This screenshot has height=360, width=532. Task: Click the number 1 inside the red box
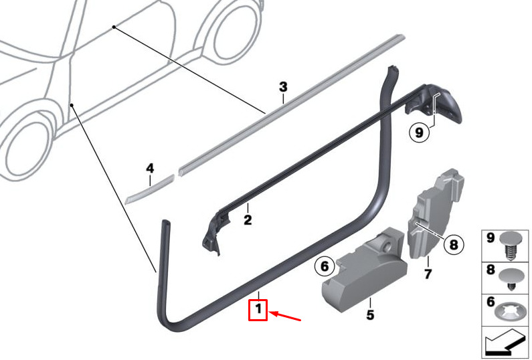tap(258, 309)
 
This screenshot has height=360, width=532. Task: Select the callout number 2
tap(248, 219)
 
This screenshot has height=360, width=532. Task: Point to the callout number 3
tap(283, 87)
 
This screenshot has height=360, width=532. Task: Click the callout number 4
tap(150, 169)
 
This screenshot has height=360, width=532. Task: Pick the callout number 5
tap(370, 315)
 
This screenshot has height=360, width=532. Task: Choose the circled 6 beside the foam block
tap(325, 266)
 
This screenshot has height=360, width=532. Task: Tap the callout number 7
tap(428, 274)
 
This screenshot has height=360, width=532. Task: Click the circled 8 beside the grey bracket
tap(454, 244)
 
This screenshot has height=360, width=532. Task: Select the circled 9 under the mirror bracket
tap(420, 132)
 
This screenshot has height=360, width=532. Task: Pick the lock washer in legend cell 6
tap(511, 314)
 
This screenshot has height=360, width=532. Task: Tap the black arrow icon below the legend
tap(505, 343)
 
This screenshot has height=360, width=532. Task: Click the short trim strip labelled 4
tap(149, 189)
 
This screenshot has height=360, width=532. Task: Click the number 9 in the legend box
tap(491, 238)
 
